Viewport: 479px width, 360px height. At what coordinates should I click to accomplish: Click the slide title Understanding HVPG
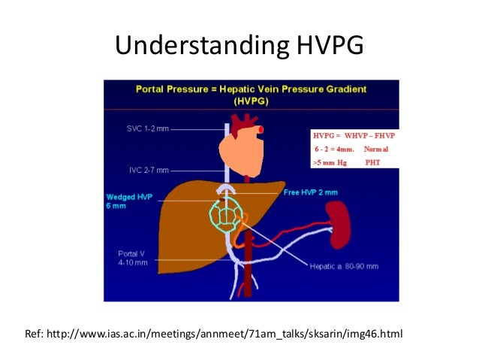239,46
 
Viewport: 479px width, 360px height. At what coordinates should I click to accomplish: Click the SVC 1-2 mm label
147,129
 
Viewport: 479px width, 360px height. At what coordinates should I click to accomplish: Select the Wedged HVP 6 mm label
128,201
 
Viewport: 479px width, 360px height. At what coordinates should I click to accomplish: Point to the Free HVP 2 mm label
310,192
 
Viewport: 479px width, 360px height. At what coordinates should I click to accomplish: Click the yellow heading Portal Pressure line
252,89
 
